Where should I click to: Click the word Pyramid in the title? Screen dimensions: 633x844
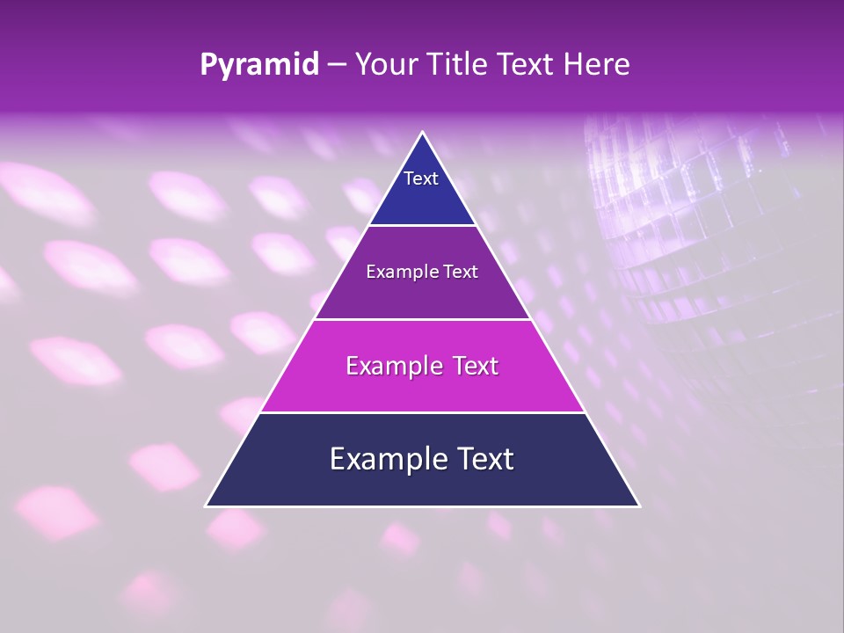tap(259, 65)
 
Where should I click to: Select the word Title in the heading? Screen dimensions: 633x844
tap(460, 65)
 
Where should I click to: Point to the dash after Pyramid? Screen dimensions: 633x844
tap(336, 65)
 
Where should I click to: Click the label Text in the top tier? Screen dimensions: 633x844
tap(421, 178)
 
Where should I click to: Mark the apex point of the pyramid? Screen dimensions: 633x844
tap(423, 133)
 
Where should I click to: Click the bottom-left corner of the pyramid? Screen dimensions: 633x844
tap(207, 506)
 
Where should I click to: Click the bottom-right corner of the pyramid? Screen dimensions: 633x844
tap(639, 506)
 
